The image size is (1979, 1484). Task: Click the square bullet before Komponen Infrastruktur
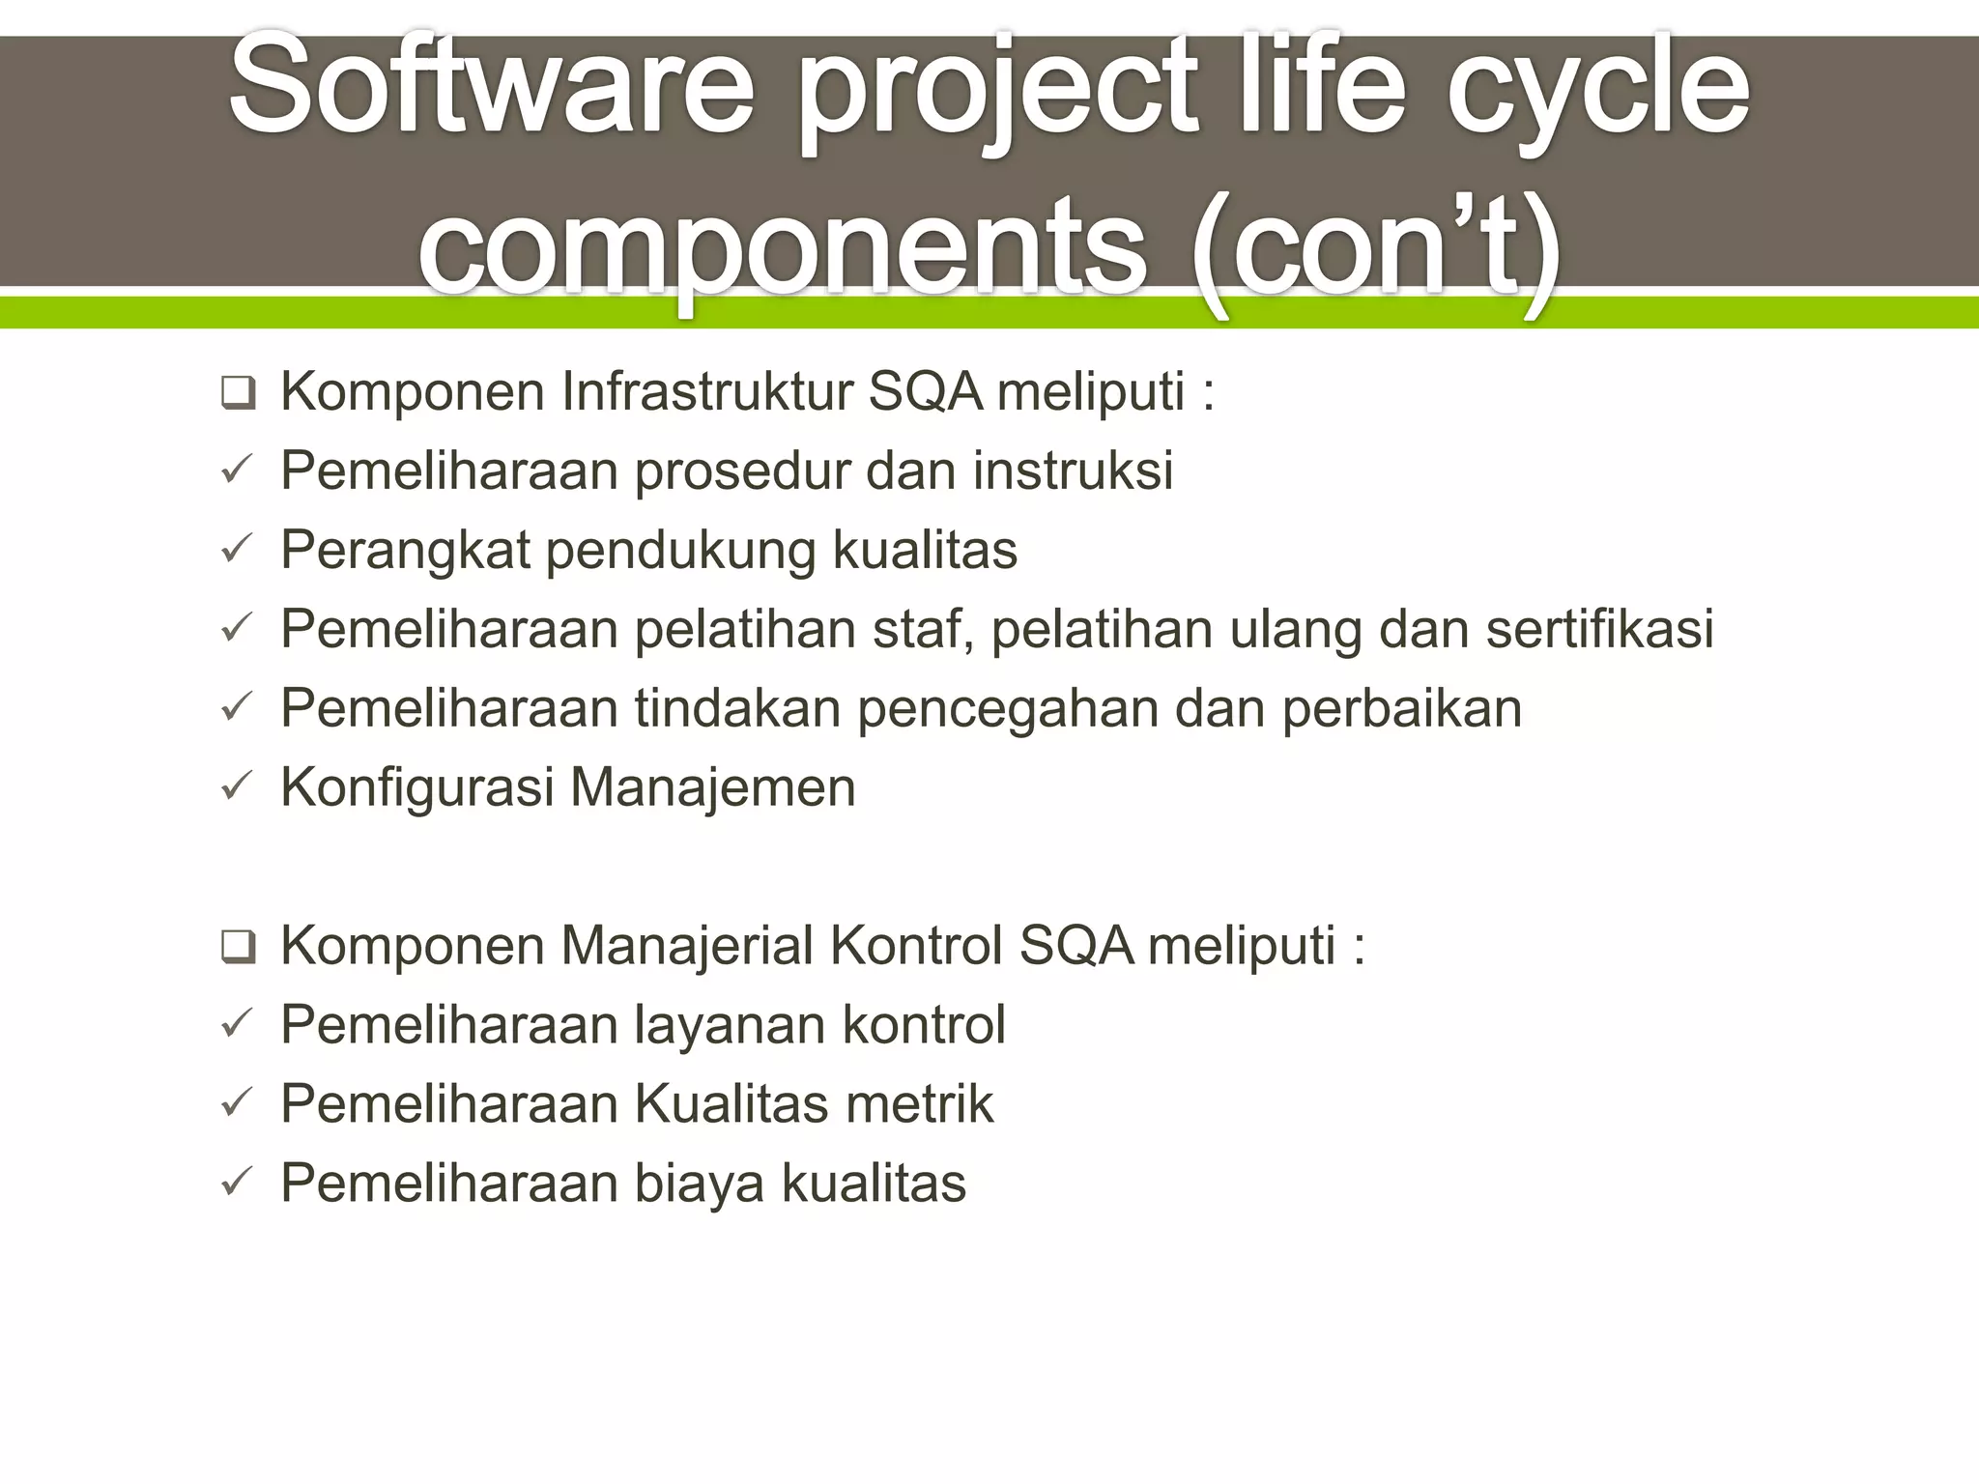click(x=238, y=393)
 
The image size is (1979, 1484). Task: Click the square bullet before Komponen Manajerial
click(x=238, y=947)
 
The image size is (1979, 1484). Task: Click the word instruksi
click(x=1073, y=471)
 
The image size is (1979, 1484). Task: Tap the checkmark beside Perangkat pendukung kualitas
click(x=237, y=550)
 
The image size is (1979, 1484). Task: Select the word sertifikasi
click(x=1599, y=629)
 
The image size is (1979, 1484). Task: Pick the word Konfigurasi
click(x=417, y=788)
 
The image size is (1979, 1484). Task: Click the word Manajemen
click(x=713, y=788)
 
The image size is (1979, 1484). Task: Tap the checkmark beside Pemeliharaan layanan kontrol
click(x=237, y=1024)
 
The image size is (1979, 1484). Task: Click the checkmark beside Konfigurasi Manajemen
click(x=237, y=787)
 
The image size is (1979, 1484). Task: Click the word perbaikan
click(x=1401, y=709)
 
